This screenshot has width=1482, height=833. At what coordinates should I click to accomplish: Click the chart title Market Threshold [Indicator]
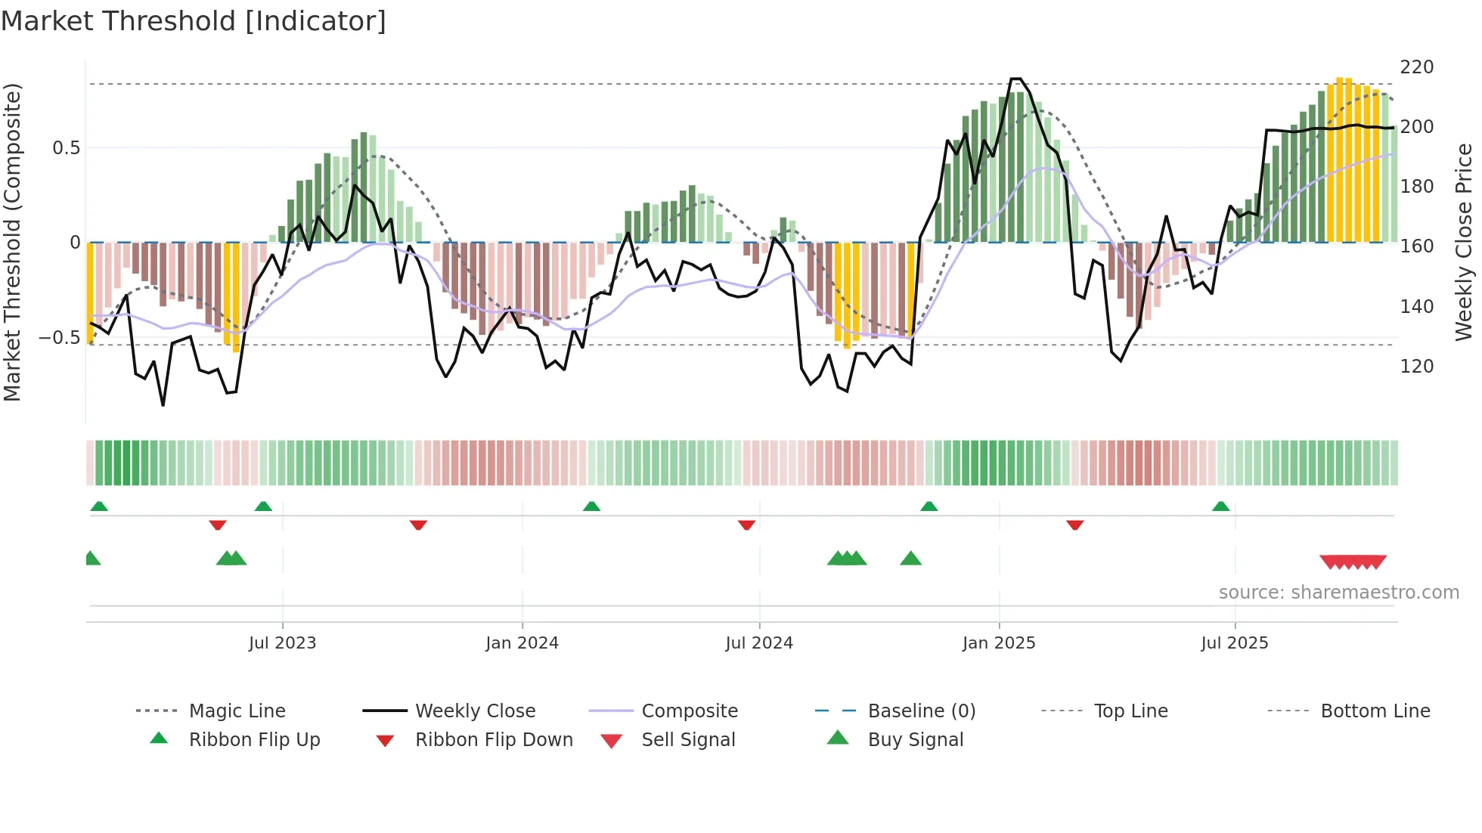pyautogui.click(x=194, y=21)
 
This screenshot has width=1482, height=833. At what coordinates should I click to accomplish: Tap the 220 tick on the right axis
pyautogui.click(x=1416, y=67)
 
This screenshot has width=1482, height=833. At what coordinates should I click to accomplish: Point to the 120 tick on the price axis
pyautogui.click(x=1416, y=367)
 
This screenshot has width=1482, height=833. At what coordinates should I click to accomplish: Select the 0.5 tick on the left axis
pyautogui.click(x=66, y=148)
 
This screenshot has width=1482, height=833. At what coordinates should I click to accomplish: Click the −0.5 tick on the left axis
pyautogui.click(x=60, y=338)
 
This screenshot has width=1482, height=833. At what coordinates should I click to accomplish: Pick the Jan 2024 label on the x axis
pyautogui.click(x=522, y=643)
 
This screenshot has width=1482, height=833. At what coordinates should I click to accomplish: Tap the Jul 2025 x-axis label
pyautogui.click(x=1234, y=643)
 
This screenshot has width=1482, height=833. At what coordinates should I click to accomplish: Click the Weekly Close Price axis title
pyautogui.click(x=1464, y=242)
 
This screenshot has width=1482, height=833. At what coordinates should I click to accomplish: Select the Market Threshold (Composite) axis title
pyautogui.click(x=12, y=242)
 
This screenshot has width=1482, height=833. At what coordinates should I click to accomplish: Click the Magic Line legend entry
pyautogui.click(x=237, y=711)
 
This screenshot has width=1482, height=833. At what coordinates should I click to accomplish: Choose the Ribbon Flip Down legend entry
pyautogui.click(x=493, y=740)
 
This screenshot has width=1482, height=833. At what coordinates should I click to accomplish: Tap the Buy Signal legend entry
pyautogui.click(x=915, y=740)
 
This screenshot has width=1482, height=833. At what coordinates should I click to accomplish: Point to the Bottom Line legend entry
pyautogui.click(x=1375, y=711)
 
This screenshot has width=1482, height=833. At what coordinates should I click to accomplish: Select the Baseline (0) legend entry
pyautogui.click(x=921, y=711)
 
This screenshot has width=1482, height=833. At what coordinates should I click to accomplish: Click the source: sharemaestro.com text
pyautogui.click(x=1338, y=593)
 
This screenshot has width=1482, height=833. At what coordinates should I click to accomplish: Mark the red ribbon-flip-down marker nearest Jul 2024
pyautogui.click(x=746, y=525)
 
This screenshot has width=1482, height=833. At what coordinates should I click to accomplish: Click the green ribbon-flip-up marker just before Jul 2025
pyautogui.click(x=1220, y=506)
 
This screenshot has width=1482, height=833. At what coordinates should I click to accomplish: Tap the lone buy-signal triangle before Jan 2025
pyautogui.click(x=910, y=559)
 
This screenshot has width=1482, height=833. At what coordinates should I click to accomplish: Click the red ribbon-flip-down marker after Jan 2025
pyautogui.click(x=1074, y=525)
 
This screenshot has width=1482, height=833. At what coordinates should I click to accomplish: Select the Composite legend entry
pyautogui.click(x=689, y=711)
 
